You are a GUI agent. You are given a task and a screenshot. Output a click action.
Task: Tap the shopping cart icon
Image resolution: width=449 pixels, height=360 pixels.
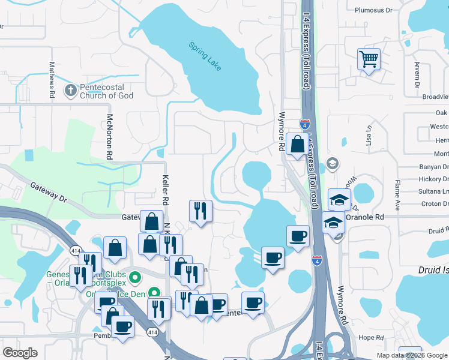(369, 59)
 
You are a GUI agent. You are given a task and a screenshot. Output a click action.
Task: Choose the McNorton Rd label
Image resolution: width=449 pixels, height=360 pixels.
(110, 136)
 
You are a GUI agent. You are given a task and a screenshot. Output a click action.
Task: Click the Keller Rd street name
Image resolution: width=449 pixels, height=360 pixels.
(166, 188)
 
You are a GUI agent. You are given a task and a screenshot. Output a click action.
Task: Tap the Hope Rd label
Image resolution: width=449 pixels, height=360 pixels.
(371, 338)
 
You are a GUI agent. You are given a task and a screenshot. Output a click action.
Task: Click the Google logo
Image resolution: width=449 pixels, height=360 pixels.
(20, 353)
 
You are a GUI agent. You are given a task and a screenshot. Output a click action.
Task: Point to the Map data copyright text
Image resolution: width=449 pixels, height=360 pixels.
(411, 355)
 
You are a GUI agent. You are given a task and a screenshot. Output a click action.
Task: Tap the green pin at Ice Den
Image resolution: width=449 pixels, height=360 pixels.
(155, 293)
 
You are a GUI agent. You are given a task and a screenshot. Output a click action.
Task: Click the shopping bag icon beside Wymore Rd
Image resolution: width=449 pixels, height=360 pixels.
(298, 144)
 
